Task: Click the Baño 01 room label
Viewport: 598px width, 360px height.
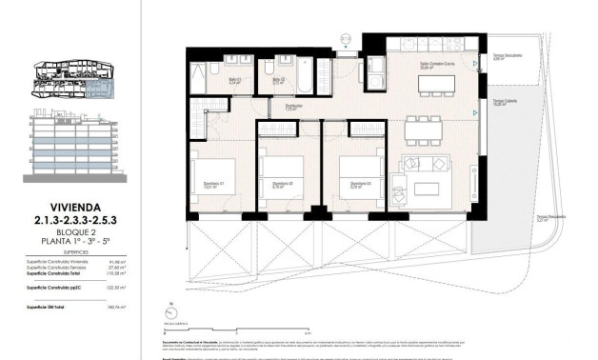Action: pos(207,81)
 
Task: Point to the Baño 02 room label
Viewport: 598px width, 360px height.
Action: pos(280,81)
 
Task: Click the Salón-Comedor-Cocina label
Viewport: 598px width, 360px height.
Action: pos(433,66)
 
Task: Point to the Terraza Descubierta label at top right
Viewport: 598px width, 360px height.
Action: pos(506,55)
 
